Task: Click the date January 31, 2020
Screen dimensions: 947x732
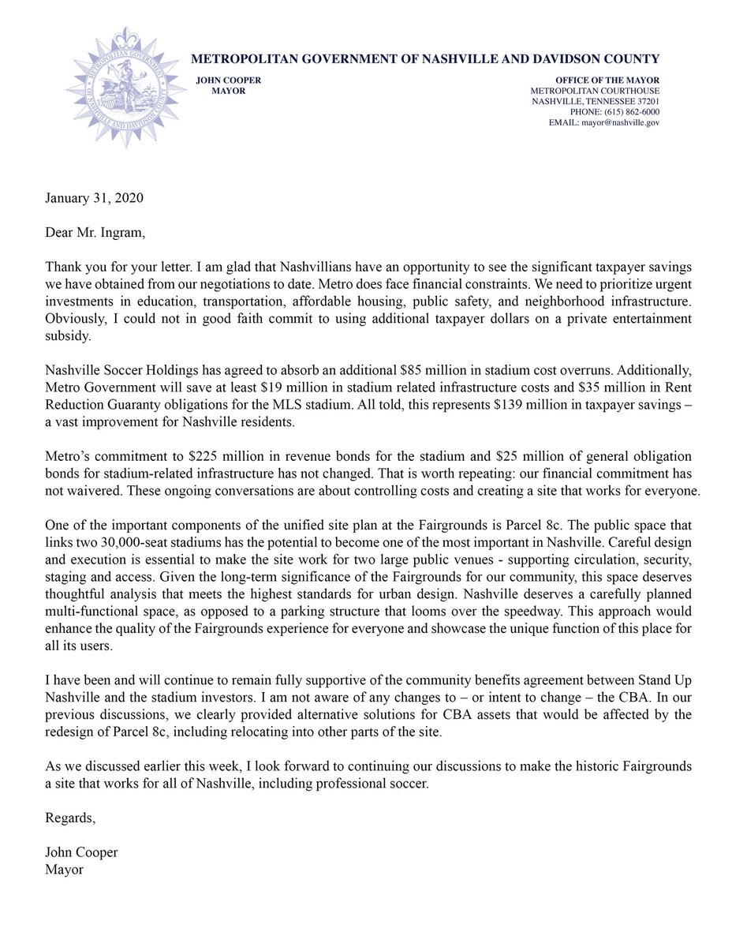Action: click(94, 199)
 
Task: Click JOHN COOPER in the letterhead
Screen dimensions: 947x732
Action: click(229, 81)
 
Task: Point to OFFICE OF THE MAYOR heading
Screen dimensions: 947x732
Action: click(607, 81)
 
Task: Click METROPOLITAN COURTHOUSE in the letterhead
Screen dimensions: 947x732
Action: click(596, 92)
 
